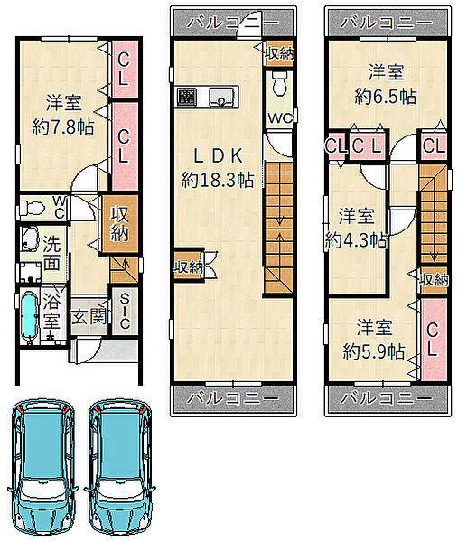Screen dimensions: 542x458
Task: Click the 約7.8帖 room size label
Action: (61, 127)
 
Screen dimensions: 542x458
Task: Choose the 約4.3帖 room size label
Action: (356, 240)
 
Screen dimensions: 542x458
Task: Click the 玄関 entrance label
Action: (88, 318)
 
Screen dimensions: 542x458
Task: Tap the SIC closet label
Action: (125, 313)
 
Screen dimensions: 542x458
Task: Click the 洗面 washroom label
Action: (51, 254)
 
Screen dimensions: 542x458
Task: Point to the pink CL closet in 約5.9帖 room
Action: (433, 338)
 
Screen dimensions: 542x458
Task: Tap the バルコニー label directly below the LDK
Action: (233, 397)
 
